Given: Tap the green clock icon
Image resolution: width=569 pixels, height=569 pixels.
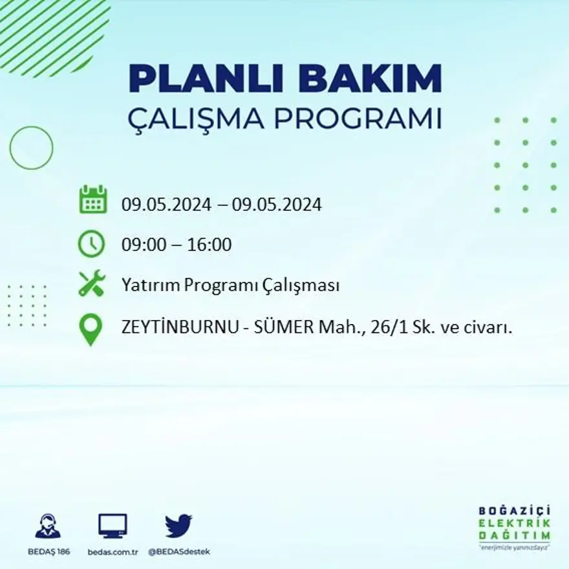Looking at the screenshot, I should (91, 244).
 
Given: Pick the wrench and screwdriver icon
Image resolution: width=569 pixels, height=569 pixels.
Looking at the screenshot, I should (91, 284).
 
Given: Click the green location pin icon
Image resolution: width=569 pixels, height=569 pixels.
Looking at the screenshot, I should (91, 328).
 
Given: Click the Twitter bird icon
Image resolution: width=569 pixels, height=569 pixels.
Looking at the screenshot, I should (178, 525).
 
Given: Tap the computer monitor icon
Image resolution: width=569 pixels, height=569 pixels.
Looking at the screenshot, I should (113, 525).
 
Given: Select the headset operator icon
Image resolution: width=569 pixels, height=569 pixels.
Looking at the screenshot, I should (48, 526).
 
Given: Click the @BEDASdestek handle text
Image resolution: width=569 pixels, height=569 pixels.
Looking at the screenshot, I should (179, 552).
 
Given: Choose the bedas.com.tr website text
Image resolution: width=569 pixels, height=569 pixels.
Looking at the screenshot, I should (113, 552).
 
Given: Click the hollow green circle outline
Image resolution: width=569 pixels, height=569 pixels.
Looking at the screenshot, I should (31, 148).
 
